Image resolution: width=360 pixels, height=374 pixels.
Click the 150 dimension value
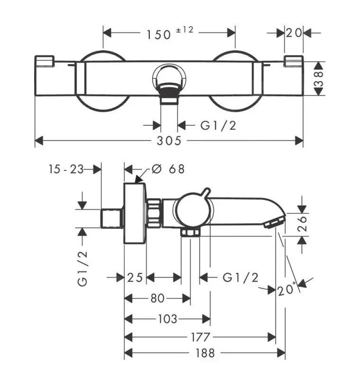click(x=158, y=34)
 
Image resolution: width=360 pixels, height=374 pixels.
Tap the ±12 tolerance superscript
click(x=185, y=30)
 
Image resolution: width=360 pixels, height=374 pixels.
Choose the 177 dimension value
click(x=200, y=337)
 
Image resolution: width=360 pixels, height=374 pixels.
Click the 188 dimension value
click(x=204, y=353)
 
